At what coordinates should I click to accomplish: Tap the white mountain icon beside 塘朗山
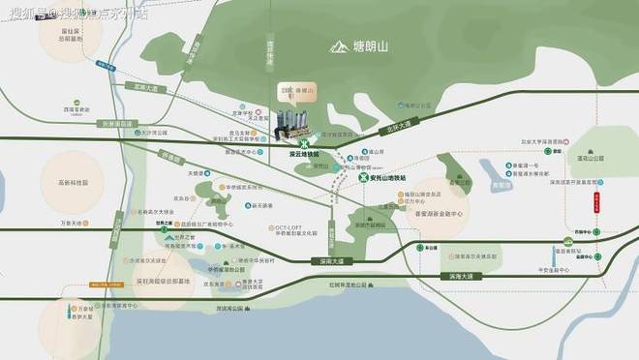tap(339, 45)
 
